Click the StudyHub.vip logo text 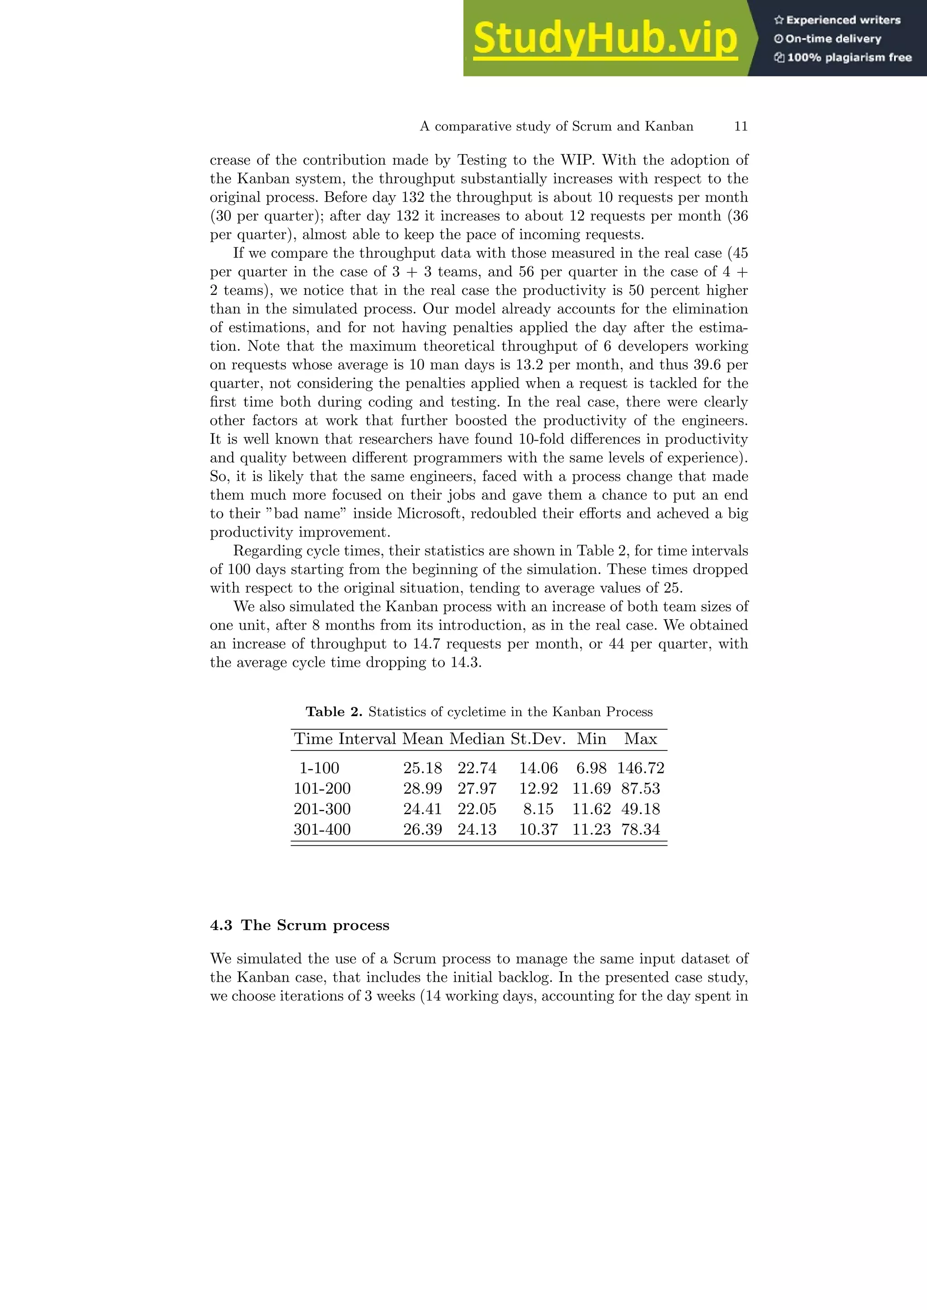coord(605,39)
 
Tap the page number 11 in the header coord(741,126)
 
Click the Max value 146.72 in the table coord(640,768)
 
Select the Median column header coord(477,739)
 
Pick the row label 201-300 coord(322,809)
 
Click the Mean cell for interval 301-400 coord(422,830)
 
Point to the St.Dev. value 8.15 coord(538,809)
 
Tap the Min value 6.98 coord(591,768)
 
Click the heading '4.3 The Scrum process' coord(299,925)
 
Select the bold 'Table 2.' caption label coord(334,712)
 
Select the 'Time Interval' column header coord(345,739)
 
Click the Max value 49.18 coord(640,809)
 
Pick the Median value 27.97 coord(477,788)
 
